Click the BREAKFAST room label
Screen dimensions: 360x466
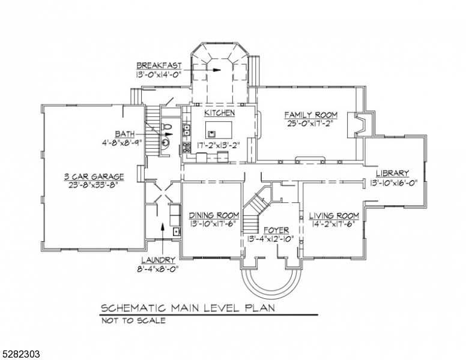[x=159, y=65]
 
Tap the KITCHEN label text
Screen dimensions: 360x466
[x=219, y=113]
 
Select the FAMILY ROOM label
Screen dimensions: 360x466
[x=310, y=115]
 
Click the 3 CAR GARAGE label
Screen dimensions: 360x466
[x=94, y=176]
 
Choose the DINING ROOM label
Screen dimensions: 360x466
[x=214, y=215]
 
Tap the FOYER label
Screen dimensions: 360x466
[x=268, y=230]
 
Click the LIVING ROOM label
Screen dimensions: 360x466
[x=334, y=215]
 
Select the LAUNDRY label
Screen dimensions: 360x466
[x=158, y=260]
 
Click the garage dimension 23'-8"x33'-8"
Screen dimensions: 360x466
[x=94, y=185]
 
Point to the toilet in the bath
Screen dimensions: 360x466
[x=166, y=128]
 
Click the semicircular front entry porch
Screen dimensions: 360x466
[x=268, y=277]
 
